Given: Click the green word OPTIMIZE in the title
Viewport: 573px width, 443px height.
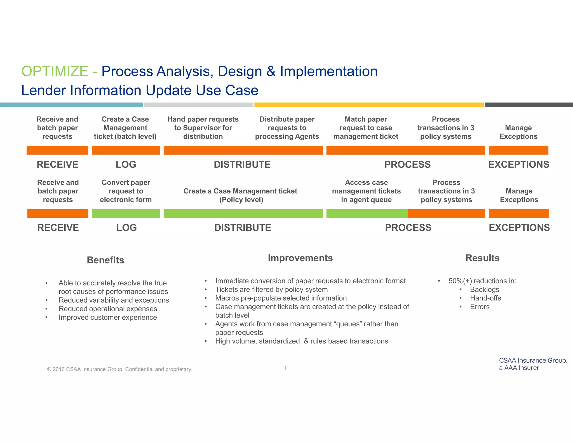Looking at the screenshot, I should coord(55,71).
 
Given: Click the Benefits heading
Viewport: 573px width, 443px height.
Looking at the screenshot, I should coord(105,260).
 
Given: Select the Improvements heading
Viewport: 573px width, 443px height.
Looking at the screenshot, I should coord(300,258).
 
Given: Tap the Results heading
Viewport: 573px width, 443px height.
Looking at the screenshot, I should coord(482,258).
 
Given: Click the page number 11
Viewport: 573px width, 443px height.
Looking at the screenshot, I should coord(286,368).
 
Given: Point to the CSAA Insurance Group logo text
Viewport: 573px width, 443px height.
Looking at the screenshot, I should coord(532,364).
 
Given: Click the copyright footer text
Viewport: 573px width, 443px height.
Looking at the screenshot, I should coord(119,369).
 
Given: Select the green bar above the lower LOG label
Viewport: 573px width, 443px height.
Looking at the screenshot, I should coord(126,213).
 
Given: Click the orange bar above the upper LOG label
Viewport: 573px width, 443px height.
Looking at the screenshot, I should coord(126,150).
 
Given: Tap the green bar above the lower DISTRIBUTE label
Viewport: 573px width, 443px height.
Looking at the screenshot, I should coord(243,213).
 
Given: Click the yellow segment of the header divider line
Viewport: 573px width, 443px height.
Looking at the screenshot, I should coord(369,105).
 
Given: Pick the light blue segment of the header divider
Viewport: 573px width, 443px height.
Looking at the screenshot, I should coord(71,105).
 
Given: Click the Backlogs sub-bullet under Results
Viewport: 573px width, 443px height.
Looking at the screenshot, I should coord(484,289).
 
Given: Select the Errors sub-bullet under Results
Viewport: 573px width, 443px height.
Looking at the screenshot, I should coord(480,307).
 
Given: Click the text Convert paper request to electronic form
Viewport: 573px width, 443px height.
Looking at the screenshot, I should coord(126,191).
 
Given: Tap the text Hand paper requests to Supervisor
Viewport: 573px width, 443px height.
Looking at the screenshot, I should coord(203,128).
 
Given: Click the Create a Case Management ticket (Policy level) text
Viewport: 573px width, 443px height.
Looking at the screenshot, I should coord(240,195).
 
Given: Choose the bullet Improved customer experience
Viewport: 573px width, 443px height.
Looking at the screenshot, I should coord(108,317).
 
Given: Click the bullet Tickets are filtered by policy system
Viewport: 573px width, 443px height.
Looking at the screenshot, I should coord(271,289).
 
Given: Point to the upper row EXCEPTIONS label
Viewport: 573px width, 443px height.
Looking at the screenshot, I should coord(518,164).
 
